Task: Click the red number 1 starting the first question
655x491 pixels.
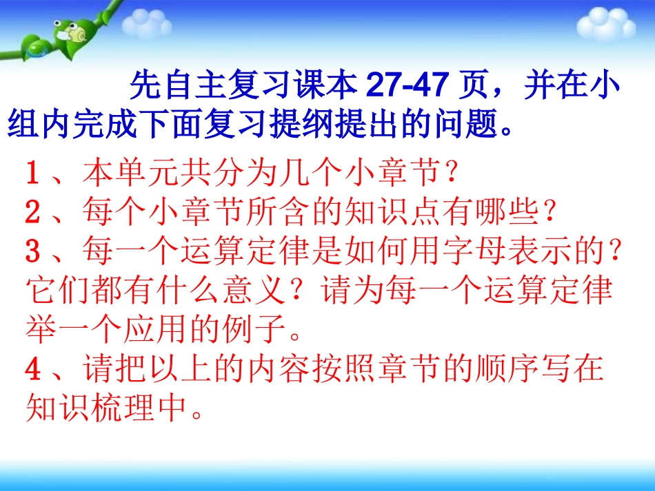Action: pyautogui.click(x=32, y=173)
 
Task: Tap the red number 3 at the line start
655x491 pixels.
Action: pyautogui.click(x=32, y=252)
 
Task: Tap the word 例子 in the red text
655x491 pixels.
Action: pyautogui.click(x=265, y=331)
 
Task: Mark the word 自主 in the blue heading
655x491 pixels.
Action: pyautogui.click(x=183, y=87)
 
